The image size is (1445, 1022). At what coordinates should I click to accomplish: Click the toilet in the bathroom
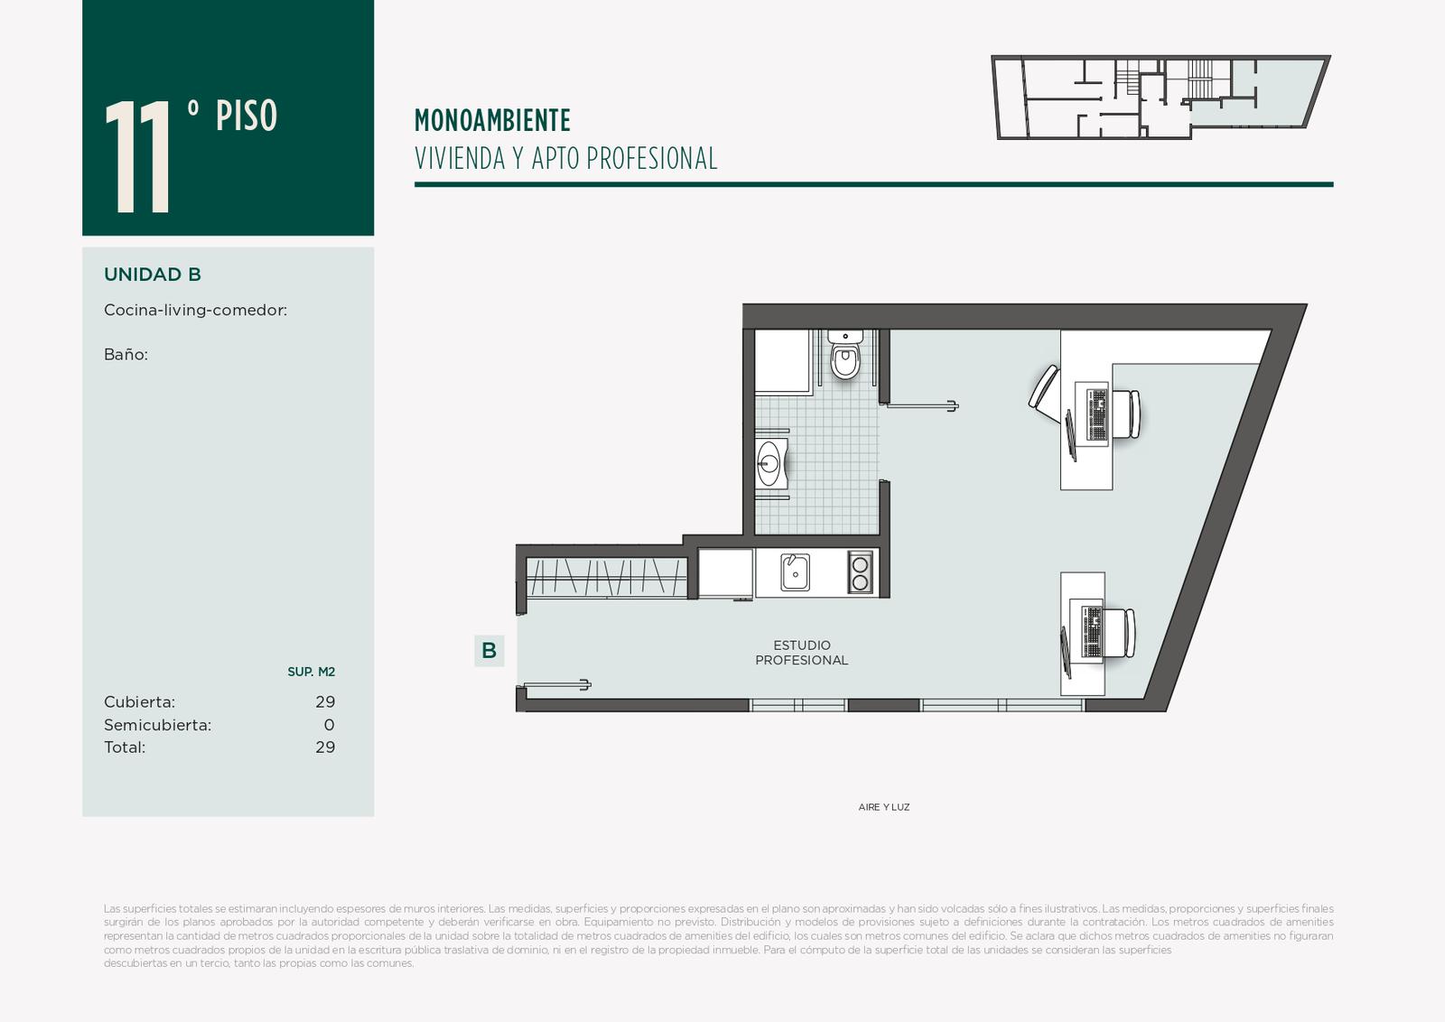point(845,355)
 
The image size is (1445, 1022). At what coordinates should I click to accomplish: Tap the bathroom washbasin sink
point(771,463)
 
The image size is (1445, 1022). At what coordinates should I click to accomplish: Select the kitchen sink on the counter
point(796,571)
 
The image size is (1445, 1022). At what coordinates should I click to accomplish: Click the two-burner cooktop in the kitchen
point(860,572)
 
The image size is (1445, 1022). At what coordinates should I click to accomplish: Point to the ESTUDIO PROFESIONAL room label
point(801,653)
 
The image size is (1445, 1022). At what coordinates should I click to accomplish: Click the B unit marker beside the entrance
point(489,650)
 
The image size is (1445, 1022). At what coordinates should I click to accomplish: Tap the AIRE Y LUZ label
point(884,807)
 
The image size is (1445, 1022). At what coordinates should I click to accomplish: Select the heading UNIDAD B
point(153,274)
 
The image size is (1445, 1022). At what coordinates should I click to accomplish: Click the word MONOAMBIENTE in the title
point(492,121)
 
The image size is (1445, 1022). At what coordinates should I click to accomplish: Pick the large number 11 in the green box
point(137,156)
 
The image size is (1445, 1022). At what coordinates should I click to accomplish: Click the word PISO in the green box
point(247,116)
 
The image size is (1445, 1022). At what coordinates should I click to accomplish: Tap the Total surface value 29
point(325,748)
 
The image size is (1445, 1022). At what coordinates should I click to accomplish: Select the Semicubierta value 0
point(329,725)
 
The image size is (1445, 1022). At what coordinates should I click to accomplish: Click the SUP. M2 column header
point(311,672)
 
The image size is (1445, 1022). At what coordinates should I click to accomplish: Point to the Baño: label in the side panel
point(126,355)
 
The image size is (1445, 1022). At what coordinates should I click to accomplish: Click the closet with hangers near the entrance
point(606,577)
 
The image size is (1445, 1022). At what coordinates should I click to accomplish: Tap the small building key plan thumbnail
point(1161,97)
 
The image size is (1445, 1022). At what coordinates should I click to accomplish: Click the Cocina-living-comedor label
point(195,311)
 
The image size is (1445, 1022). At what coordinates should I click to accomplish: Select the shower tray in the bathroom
point(782,361)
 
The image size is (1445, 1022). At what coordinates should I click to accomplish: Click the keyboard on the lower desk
point(1092,632)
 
